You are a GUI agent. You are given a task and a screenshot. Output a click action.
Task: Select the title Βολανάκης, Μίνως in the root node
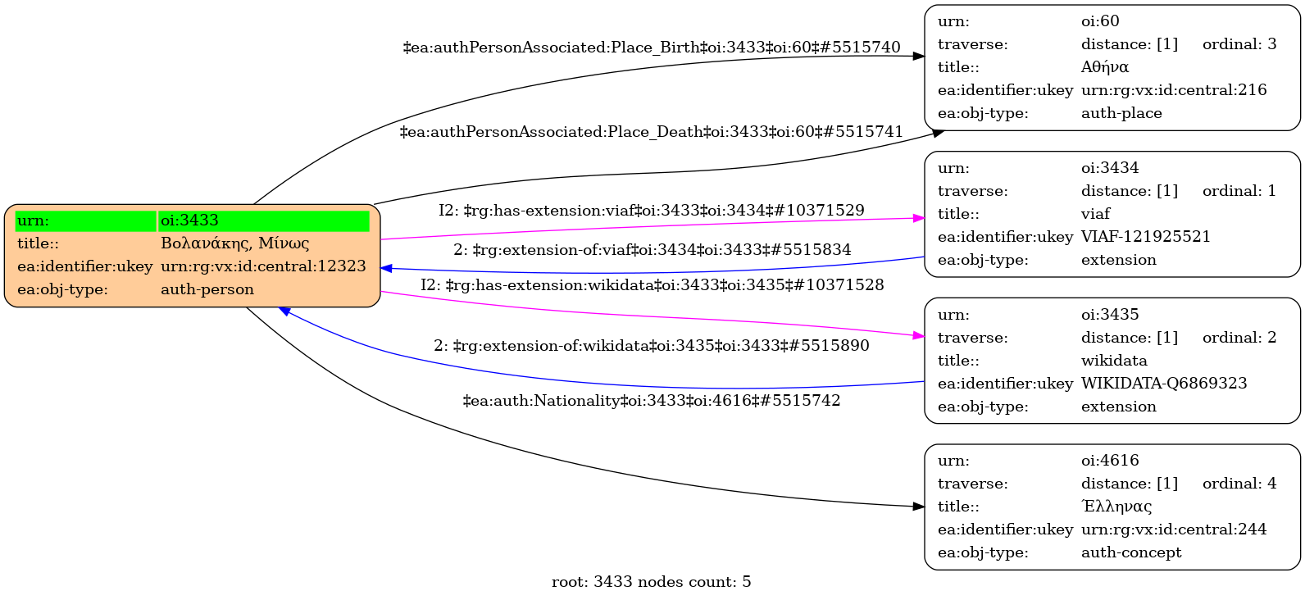[234, 243]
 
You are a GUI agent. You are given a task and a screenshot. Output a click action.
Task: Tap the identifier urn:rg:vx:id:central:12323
[263, 266]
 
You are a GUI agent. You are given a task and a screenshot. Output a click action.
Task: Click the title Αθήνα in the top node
[1104, 67]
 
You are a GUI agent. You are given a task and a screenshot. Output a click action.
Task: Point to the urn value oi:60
[1099, 21]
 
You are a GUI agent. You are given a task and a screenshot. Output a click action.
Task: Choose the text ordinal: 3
[1239, 44]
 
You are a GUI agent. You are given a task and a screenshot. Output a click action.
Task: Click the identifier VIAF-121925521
[1145, 237]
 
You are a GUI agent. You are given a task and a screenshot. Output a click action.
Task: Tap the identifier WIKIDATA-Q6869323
[1163, 384]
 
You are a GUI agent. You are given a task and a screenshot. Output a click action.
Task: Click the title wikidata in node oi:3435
[1113, 361]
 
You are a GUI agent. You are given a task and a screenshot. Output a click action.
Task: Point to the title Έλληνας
[1116, 507]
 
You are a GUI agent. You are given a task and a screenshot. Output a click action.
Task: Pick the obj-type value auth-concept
[1130, 552]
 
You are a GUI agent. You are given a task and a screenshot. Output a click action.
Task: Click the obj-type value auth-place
[1121, 113]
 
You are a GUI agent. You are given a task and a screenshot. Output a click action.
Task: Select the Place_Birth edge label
[651, 48]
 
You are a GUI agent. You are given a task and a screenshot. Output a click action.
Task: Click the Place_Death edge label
[651, 132]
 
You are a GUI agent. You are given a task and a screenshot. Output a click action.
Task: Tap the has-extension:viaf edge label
[651, 211]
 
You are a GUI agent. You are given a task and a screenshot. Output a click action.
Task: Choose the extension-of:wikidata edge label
[651, 346]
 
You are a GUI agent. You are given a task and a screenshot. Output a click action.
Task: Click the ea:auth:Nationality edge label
[651, 401]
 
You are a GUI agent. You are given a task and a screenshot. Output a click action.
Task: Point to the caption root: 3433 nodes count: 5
[651, 582]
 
